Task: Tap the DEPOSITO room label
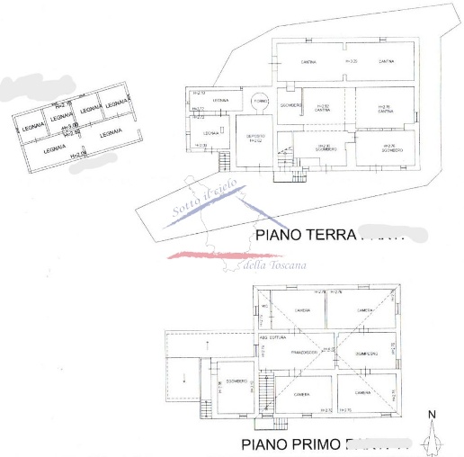[255, 136]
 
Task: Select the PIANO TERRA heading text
[306, 236]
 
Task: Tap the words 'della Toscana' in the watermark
[275, 264]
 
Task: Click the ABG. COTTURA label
[274, 336]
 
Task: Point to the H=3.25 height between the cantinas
[351, 61]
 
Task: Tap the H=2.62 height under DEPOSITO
[255, 141]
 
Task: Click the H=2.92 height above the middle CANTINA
[323, 105]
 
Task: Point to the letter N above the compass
[433, 415]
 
